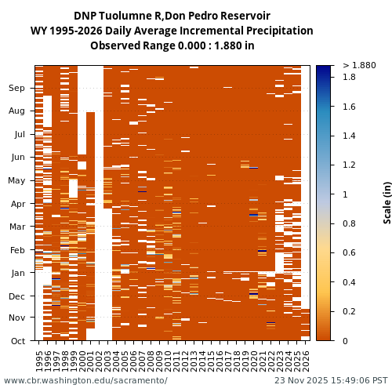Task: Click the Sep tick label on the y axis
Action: [16, 89]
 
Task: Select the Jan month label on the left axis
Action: [17, 273]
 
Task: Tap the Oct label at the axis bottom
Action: [17, 341]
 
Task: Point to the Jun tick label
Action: [17, 158]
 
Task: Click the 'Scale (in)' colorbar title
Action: [387, 202]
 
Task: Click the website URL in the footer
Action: [85, 381]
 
